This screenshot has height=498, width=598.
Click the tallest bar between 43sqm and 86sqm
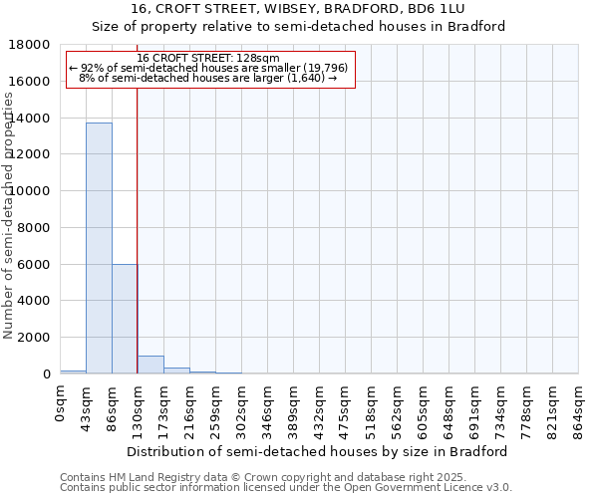(99, 248)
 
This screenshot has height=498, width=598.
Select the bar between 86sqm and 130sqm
(125, 319)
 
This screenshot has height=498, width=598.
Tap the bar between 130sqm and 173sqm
(150, 365)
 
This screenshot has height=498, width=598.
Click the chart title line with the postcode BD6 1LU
(299, 9)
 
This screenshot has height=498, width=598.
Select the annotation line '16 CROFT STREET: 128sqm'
(208, 59)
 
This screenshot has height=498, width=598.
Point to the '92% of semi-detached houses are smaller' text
(208, 68)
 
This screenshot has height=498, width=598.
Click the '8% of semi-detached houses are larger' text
(208, 78)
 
